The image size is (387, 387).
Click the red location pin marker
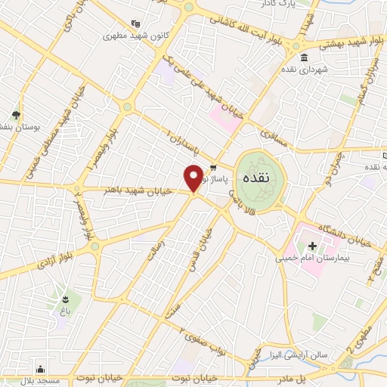coord(193,178)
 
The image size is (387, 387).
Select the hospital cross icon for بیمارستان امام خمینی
coord(311,246)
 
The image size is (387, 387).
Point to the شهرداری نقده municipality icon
coord(304,58)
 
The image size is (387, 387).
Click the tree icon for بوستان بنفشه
coord(16,115)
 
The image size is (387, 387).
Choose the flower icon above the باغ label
coord(67,300)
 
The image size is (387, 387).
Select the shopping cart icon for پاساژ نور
coord(214,168)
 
